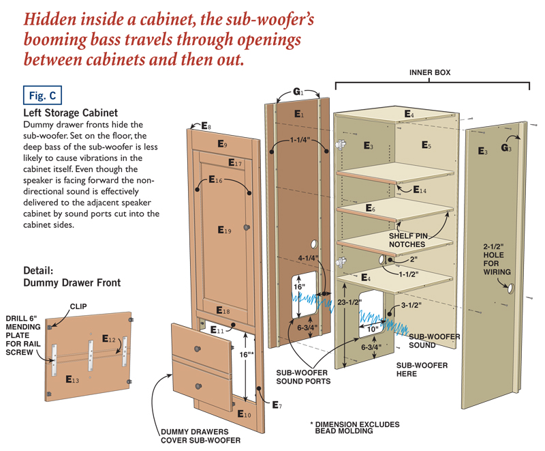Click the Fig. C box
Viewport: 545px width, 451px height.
click(42, 96)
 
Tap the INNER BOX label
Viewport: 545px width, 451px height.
click(430, 72)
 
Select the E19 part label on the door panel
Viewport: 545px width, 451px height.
click(224, 230)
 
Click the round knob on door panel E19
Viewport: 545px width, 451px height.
click(247, 228)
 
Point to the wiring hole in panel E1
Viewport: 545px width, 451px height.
click(314, 244)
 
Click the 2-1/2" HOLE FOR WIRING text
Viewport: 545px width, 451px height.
click(497, 259)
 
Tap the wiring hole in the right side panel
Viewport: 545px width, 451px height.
click(511, 289)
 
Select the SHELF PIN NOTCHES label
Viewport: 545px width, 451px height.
click(408, 240)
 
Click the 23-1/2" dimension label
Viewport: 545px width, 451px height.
click(349, 302)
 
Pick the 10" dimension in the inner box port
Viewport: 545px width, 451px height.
click(372, 329)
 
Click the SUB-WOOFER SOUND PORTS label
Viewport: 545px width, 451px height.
click(303, 377)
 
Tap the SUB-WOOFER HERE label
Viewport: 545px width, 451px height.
click(422, 370)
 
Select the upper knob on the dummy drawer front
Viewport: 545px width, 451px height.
click(198, 349)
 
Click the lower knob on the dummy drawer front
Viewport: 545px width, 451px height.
click(198, 386)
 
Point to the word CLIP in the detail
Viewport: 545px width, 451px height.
click(78, 306)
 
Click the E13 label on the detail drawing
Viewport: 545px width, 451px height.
click(72, 379)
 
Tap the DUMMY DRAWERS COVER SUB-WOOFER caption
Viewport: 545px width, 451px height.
click(200, 436)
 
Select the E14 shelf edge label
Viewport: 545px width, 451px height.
click(420, 190)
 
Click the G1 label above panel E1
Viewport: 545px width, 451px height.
click(298, 91)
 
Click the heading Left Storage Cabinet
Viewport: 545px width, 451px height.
click(71, 113)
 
